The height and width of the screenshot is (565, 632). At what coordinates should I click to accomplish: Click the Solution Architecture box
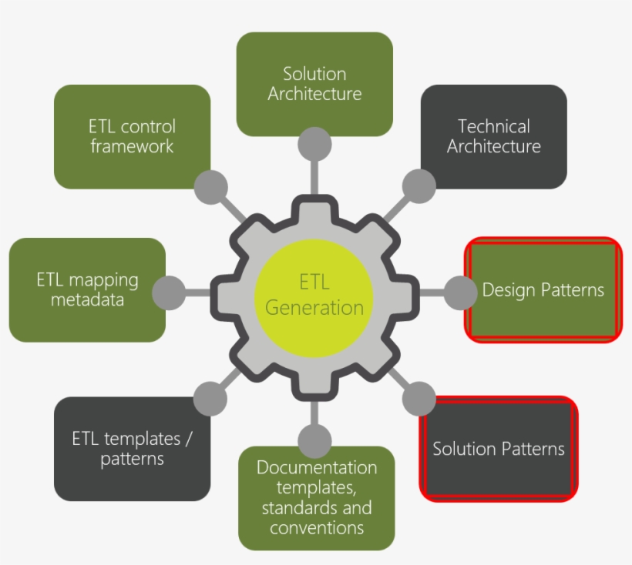pyautogui.click(x=314, y=84)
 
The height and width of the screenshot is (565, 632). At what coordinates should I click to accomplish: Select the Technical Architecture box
pyautogui.click(x=494, y=136)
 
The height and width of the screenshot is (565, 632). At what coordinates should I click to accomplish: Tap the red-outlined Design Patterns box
pyautogui.click(x=543, y=289)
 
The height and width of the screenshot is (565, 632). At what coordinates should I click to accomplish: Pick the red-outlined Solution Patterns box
pyautogui.click(x=499, y=449)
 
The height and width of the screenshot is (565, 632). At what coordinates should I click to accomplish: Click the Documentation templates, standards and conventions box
pyautogui.click(x=316, y=497)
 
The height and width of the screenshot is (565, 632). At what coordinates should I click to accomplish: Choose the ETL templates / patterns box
pyautogui.click(x=132, y=449)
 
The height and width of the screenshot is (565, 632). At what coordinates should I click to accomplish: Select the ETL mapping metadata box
pyautogui.click(x=87, y=289)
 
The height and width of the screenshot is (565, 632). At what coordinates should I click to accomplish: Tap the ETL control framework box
pyautogui.click(x=132, y=136)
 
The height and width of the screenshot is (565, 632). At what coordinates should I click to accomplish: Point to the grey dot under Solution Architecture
pyautogui.click(x=314, y=144)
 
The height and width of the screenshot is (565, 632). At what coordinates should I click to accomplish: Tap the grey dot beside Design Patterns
pyautogui.click(x=461, y=293)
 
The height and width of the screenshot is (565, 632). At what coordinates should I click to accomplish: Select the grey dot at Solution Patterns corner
pyautogui.click(x=419, y=398)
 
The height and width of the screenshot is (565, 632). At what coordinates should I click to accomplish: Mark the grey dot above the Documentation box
pyautogui.click(x=314, y=442)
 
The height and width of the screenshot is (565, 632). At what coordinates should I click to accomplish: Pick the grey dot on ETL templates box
pyautogui.click(x=210, y=399)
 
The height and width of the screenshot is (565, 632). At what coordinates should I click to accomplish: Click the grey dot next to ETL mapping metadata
pyautogui.click(x=169, y=293)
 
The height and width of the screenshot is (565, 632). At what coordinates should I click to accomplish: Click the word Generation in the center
pyautogui.click(x=314, y=308)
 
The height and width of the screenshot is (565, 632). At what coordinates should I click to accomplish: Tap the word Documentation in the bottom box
pyautogui.click(x=317, y=468)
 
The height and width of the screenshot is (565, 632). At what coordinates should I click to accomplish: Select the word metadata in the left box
pyautogui.click(x=87, y=299)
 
